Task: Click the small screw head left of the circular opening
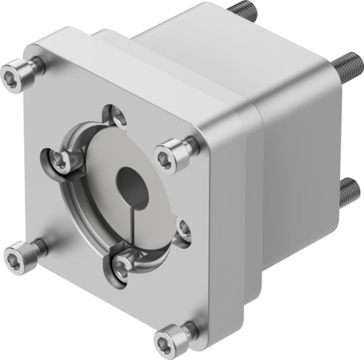(x=59, y=162)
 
